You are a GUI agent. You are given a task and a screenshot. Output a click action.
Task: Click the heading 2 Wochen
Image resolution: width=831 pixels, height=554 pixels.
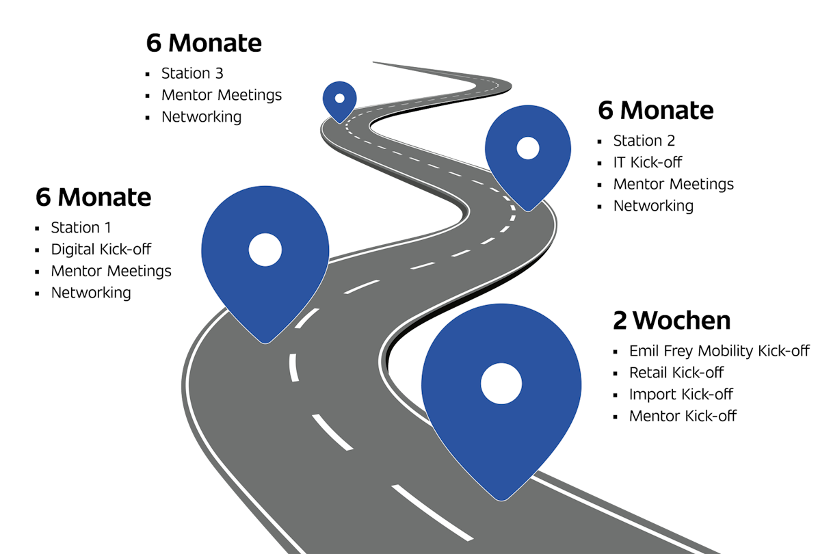click(672, 320)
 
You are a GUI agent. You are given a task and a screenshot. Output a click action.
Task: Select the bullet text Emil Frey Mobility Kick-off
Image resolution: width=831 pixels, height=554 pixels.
click(719, 351)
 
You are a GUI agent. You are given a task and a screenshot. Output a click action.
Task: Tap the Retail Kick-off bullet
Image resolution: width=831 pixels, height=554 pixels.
click(676, 373)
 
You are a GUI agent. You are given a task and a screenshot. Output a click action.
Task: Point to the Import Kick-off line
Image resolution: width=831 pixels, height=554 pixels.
click(681, 395)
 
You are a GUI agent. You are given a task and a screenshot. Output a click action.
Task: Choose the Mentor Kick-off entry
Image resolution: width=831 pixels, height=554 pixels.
click(683, 416)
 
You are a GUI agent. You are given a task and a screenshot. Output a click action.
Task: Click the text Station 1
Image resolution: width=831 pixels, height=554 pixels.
click(81, 228)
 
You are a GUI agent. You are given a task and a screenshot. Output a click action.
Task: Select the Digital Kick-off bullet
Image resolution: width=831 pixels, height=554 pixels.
click(101, 249)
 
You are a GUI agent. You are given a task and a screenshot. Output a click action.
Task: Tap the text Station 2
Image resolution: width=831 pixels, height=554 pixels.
click(644, 141)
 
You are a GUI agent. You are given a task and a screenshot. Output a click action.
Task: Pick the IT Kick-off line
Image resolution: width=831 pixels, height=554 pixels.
click(647, 162)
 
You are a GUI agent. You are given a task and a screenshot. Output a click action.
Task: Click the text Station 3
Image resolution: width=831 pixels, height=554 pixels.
click(192, 73)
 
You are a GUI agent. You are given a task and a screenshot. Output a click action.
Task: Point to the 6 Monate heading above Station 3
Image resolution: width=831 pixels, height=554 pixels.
click(204, 43)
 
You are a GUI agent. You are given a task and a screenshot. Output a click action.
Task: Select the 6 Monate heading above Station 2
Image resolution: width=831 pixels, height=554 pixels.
click(656, 110)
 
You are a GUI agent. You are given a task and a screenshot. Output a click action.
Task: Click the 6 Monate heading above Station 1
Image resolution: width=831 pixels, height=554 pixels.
click(93, 198)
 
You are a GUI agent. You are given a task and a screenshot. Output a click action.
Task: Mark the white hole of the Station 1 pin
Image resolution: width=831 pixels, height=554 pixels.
click(265, 250)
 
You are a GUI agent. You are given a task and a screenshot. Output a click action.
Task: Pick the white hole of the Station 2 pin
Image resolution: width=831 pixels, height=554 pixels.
click(528, 148)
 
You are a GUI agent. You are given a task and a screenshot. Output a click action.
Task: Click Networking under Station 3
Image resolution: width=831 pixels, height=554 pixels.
click(201, 117)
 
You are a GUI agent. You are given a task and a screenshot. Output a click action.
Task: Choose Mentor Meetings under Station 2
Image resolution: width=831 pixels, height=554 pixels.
click(673, 184)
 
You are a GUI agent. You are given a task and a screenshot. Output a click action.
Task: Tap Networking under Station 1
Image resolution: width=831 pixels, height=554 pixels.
click(90, 293)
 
